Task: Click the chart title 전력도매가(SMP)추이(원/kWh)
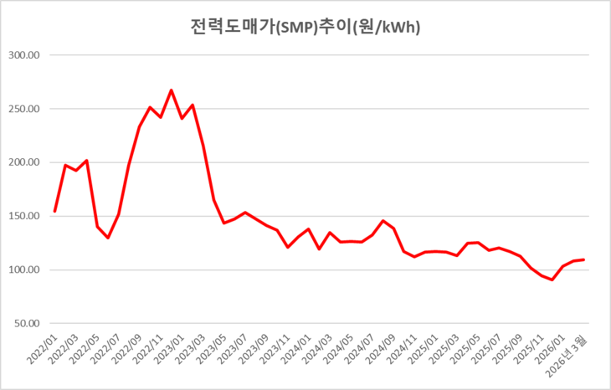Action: point(305,27)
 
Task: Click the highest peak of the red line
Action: point(172,90)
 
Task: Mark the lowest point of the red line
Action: point(552,280)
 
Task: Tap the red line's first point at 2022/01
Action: point(55,211)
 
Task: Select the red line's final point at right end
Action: point(583,259)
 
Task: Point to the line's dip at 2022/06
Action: point(108,238)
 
